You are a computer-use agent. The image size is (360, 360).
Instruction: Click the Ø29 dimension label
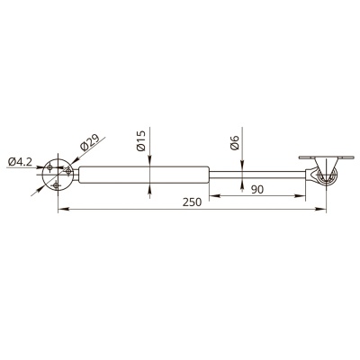[89, 142]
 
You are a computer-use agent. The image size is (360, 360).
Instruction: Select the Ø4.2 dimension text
[20, 162]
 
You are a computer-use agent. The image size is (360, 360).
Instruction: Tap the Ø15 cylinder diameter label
[140, 140]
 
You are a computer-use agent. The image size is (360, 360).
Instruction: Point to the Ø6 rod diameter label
[234, 142]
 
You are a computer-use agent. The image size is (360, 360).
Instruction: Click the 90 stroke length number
[257, 190]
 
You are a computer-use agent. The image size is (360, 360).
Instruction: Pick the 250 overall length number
[192, 202]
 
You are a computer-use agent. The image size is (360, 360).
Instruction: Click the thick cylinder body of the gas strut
[144, 175]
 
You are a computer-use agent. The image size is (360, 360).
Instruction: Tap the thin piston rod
[257, 175]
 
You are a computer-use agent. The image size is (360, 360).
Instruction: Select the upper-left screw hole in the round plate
[50, 167]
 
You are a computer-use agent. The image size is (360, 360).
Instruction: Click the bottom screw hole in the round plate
[55, 185]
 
